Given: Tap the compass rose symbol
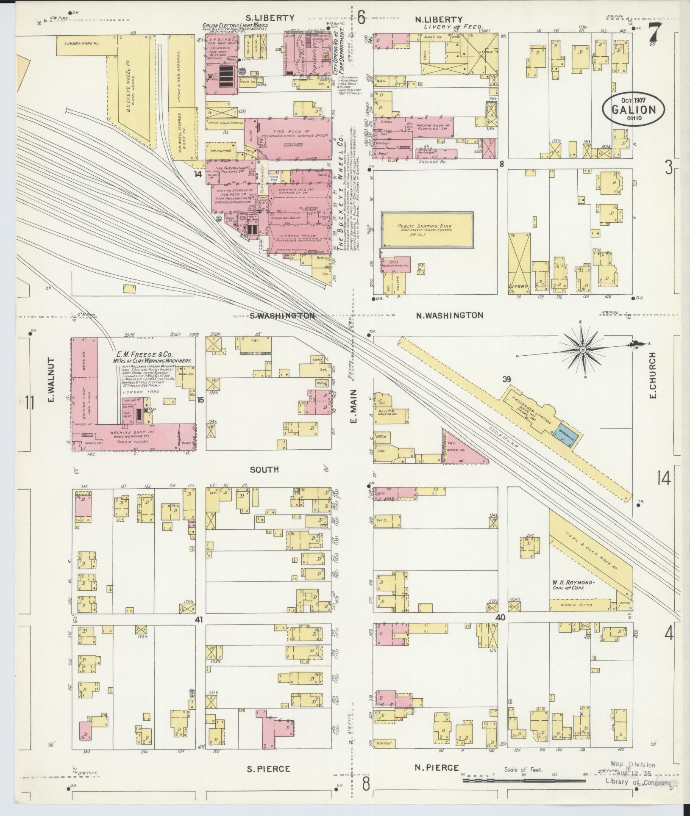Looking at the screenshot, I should click(x=583, y=350).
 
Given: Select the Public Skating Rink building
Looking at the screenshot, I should click(x=427, y=229).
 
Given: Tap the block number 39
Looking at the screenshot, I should click(x=506, y=379).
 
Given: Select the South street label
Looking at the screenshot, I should click(x=264, y=469).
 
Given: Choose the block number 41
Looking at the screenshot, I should click(x=199, y=620).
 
